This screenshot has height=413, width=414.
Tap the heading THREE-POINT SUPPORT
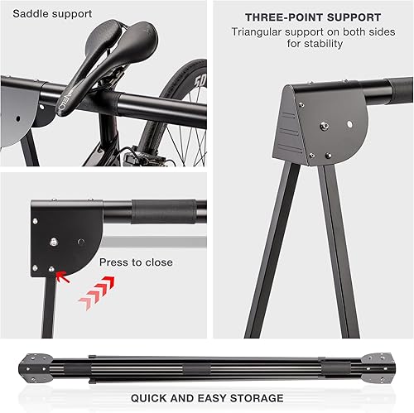(313, 17)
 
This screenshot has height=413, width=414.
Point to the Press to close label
(136, 262)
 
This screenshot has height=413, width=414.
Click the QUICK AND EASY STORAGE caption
(207, 398)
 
